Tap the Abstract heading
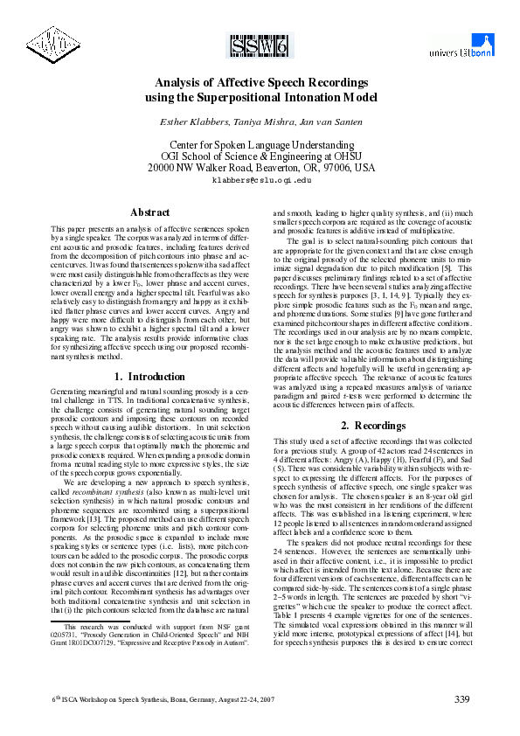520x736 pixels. tap(149, 212)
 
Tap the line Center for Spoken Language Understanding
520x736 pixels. tap(260, 142)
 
